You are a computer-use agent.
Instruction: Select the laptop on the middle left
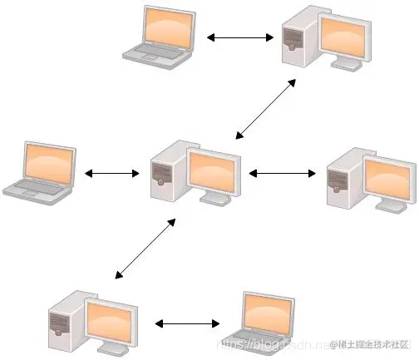point(38,170)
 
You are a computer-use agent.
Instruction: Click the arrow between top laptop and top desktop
point(240,37)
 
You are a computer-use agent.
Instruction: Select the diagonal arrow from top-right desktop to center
point(266,107)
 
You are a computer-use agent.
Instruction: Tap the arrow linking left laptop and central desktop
point(111,173)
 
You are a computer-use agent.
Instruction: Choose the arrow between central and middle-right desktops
point(283,173)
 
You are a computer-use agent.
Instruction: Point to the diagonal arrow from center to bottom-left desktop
point(145,248)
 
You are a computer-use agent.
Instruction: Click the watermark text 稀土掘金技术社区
point(374,343)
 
